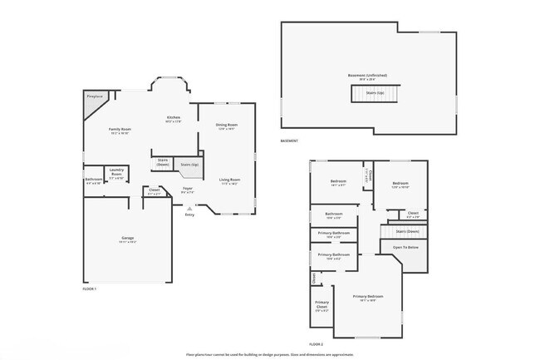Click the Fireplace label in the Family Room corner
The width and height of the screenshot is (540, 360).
tap(94, 96)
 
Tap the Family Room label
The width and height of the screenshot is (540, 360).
tap(120, 130)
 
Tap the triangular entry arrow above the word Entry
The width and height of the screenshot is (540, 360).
tap(189, 208)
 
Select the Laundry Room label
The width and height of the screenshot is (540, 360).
tap(116, 174)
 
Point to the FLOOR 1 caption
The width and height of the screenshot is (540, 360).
tap(90, 288)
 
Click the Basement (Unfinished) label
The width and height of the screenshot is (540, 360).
tap(367, 76)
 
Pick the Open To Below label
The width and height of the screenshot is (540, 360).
tap(405, 247)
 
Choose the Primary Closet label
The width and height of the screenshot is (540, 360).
tap(322, 304)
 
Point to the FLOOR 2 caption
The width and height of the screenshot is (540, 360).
tap(316, 343)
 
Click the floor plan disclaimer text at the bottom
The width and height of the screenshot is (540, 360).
tap(270, 353)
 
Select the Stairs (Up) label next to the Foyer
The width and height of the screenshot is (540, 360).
tap(189, 165)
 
